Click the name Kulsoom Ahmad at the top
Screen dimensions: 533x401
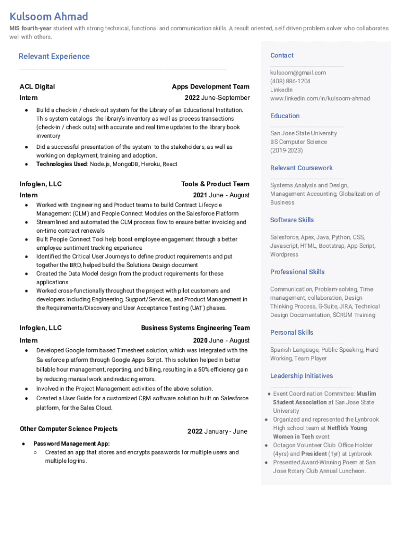point(49,17)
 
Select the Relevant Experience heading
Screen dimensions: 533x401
point(54,56)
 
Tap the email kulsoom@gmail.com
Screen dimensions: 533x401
point(298,73)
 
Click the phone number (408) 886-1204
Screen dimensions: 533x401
point(290,81)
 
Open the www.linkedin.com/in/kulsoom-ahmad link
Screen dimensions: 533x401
point(320,98)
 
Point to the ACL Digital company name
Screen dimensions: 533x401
point(37,87)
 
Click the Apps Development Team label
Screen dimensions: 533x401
point(210,87)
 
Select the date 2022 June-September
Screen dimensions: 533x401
point(217,98)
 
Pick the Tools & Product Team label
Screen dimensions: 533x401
point(215,184)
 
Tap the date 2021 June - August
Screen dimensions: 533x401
point(221,195)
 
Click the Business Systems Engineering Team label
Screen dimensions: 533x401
point(195,328)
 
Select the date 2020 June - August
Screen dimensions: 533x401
point(221,340)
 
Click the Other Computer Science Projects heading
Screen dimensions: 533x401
point(69,429)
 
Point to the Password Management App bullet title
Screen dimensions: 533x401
point(71,444)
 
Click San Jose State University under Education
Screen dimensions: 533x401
point(303,133)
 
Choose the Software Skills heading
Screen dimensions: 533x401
point(292,220)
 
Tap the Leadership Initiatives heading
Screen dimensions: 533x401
point(301,376)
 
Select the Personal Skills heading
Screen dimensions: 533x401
point(292,332)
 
